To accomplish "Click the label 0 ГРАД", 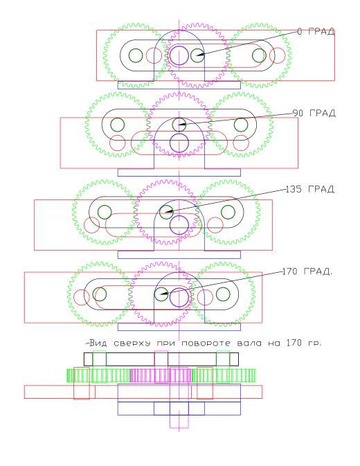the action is click(316, 31).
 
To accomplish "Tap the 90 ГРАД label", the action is click(314, 113).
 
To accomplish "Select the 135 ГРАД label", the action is click(309, 189).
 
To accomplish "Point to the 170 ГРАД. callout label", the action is click(307, 271).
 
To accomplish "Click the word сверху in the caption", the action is click(132, 343).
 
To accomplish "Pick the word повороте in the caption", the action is click(206, 343).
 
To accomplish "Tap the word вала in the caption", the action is click(249, 343).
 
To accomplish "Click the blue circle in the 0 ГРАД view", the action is click(179, 55).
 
